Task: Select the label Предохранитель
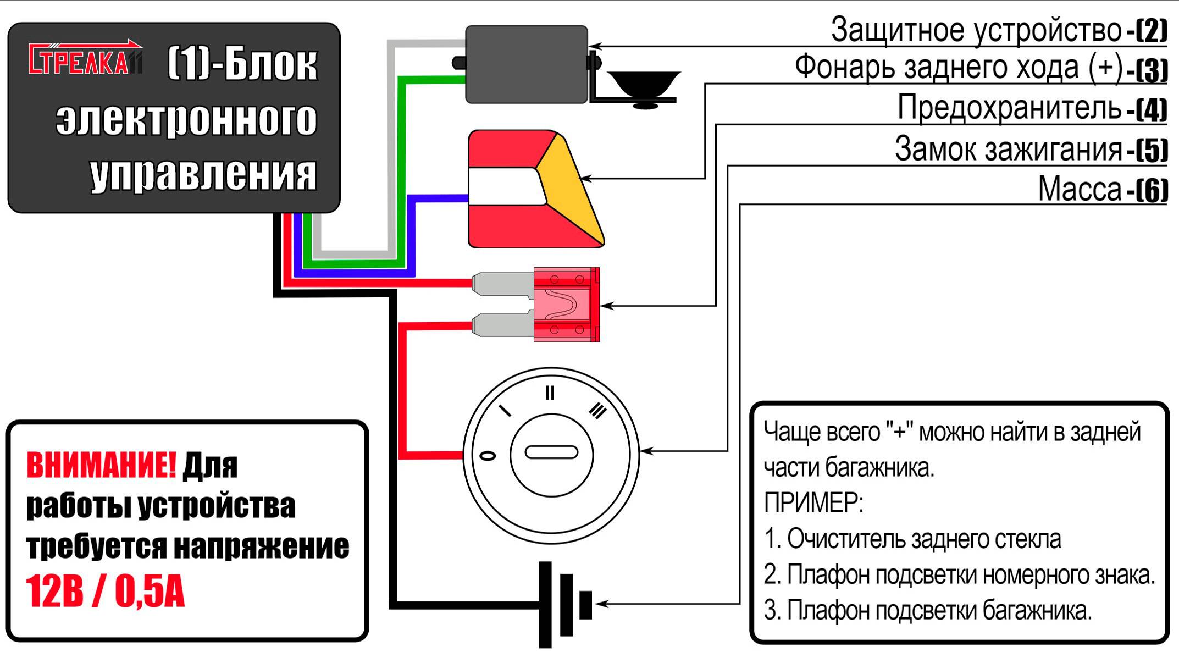pyautogui.click(x=1009, y=108)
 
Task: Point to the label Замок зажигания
pyautogui.click(x=1008, y=149)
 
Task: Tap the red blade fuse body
pyautogui.click(x=566, y=305)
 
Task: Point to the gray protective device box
pyautogui.click(x=526, y=64)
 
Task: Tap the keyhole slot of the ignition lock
pyautogui.click(x=551, y=452)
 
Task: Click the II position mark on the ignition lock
pyautogui.click(x=550, y=393)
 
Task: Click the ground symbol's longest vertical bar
pyautogui.click(x=545, y=604)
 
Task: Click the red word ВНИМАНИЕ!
pyautogui.click(x=101, y=465)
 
